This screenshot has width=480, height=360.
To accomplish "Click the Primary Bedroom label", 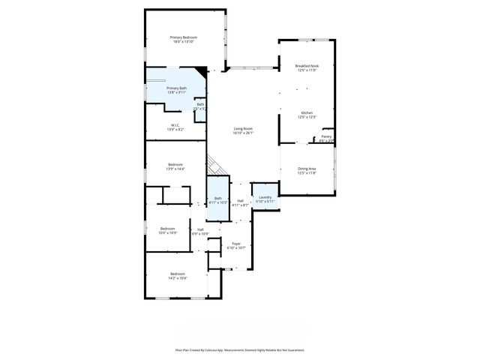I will [x=182, y=37].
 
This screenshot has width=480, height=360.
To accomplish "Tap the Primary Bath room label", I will [x=177, y=88].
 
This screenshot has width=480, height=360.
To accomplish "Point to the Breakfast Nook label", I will [x=307, y=66].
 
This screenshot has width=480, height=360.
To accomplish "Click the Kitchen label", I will [x=307, y=112].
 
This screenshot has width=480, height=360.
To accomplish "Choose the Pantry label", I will [x=326, y=136].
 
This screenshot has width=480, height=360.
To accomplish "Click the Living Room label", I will [x=242, y=129].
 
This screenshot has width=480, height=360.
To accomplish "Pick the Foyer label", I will [x=236, y=244].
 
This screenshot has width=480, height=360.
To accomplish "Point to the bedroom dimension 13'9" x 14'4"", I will [x=175, y=169].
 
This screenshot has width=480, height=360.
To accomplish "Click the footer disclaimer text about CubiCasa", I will [x=240, y=349].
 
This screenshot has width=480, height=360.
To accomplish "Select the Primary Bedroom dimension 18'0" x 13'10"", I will [x=182, y=41].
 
